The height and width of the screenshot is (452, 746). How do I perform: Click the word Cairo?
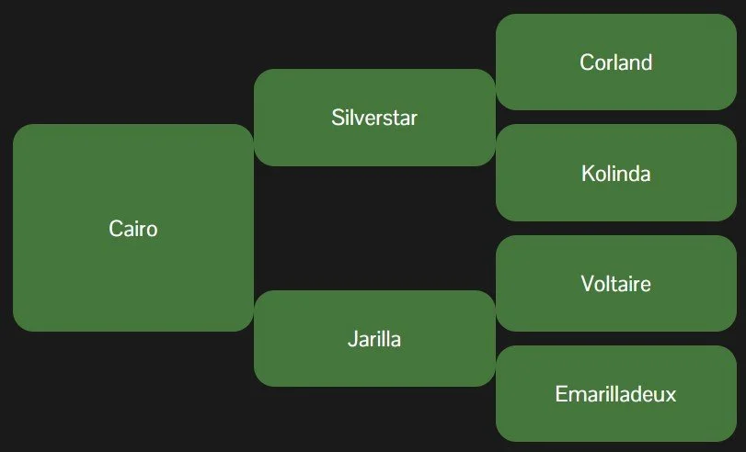[x=133, y=229]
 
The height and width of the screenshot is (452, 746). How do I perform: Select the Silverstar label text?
[x=374, y=118]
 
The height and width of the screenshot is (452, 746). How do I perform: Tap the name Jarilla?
[x=374, y=339]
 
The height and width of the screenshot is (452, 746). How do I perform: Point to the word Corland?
[x=616, y=62]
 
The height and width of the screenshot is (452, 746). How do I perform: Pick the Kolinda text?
[x=616, y=174]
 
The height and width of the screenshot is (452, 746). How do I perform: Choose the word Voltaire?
[x=616, y=284]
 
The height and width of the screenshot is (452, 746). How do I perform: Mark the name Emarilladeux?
[x=616, y=394]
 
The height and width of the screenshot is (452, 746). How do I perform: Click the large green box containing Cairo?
[x=133, y=228]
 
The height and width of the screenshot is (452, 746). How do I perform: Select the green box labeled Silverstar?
[x=374, y=118]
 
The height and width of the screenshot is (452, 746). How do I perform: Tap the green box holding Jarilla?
[x=374, y=338]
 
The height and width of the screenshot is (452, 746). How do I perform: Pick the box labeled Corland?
[x=616, y=62]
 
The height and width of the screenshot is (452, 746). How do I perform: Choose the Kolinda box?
[x=616, y=173]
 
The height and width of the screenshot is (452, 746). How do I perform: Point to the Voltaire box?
[x=616, y=283]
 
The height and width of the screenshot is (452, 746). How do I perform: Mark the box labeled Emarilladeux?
[x=616, y=393]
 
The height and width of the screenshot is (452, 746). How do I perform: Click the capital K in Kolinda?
[x=589, y=174]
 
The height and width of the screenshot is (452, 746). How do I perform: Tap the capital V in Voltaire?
[x=588, y=284]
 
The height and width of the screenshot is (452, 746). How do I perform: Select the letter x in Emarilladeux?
[x=671, y=396]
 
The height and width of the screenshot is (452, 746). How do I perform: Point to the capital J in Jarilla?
[x=352, y=339]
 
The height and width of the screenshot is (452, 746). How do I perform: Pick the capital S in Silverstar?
[x=338, y=118]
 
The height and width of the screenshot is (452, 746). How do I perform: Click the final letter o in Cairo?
[x=151, y=231]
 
